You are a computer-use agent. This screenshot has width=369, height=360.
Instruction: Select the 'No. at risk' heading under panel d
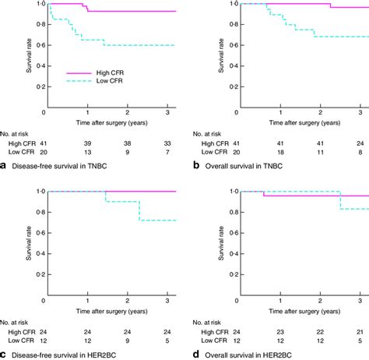pos(208,318)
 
